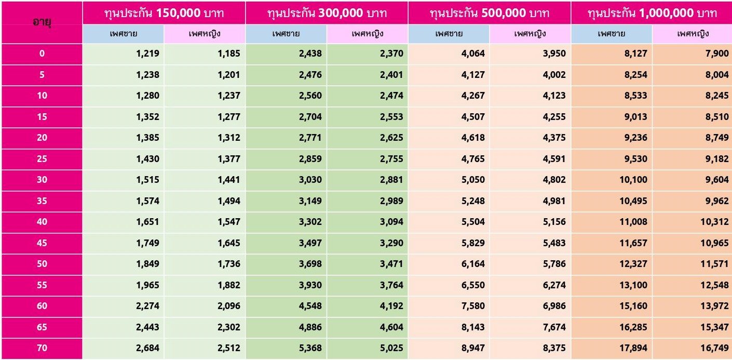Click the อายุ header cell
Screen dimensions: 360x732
point(41,23)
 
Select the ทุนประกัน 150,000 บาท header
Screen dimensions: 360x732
point(164,13)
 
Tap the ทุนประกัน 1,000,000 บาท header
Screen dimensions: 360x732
point(652,13)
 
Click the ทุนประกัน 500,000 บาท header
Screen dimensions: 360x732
point(490,13)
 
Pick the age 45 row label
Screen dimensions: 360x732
point(42,243)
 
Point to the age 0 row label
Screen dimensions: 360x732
point(42,54)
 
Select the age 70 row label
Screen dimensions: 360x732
point(42,348)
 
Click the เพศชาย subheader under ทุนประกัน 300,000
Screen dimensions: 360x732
point(286,34)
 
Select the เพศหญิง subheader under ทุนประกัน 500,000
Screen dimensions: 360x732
point(530,34)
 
